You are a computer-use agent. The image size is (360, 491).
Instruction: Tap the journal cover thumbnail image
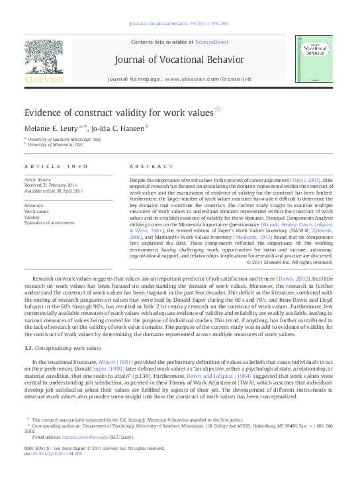click(314, 60)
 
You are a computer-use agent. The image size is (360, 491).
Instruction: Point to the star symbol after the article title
click(218, 109)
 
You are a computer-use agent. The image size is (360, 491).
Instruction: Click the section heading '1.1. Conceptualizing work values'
click(63, 348)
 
